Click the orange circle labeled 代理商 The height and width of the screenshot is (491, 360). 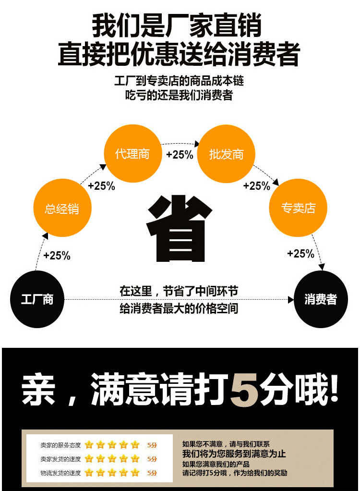tap(132, 153)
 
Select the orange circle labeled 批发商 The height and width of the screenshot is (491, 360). tap(226, 154)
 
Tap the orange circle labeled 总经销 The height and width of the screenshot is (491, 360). tap(62, 208)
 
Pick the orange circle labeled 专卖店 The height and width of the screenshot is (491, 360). tap(298, 208)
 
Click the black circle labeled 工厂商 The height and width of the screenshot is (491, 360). tap(37, 299)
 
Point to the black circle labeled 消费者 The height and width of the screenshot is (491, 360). tap(321, 299)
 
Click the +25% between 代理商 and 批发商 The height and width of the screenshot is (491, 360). tap(180, 155)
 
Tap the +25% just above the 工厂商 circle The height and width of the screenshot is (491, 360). tap(57, 256)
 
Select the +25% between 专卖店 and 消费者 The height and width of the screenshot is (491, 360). tap(300, 253)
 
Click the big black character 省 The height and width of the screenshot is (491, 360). tap(179, 228)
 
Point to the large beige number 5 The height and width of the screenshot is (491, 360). tap(245, 389)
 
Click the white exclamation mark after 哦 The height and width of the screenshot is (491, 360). tap(335, 388)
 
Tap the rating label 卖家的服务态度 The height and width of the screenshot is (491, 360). tap(60, 445)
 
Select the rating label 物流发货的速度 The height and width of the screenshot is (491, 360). tap(60, 473)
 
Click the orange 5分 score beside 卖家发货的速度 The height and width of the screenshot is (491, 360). tap(152, 459)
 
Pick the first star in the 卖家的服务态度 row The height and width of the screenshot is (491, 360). tap(89, 445)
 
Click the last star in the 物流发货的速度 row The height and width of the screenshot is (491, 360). tap(135, 473)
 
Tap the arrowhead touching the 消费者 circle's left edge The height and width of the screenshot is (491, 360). tap(291, 300)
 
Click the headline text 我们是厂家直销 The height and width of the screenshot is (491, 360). tap(177, 25)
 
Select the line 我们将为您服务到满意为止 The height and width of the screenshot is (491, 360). tap(234, 454)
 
